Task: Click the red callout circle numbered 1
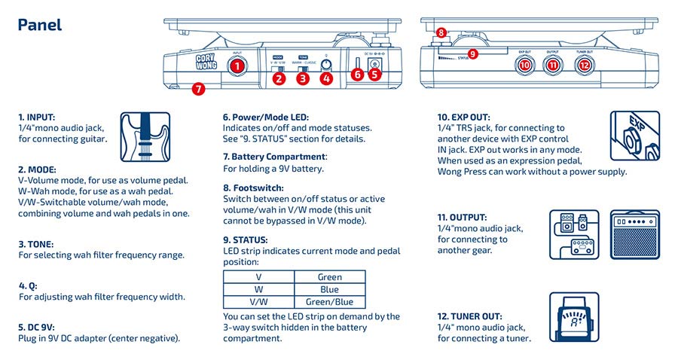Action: (237, 66)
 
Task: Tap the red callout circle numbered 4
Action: (326, 77)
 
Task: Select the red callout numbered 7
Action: (197, 89)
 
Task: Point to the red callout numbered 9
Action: (472, 54)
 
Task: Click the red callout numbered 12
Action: (584, 66)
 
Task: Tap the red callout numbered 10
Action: (525, 66)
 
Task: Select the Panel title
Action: (39, 25)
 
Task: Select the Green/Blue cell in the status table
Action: (329, 302)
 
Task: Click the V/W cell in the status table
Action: (258, 302)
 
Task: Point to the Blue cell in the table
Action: (329, 289)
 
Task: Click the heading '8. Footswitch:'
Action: (253, 188)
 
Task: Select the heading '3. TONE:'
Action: (37, 244)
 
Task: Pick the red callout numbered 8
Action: (441, 34)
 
